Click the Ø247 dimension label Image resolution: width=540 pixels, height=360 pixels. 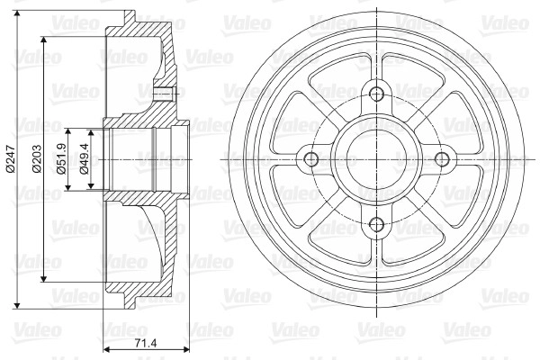click(x=10, y=158)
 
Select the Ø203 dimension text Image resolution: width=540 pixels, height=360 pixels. click(x=37, y=158)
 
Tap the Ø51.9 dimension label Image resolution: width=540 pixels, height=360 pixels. click(x=62, y=158)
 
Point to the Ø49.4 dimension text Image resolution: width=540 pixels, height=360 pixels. click(x=84, y=158)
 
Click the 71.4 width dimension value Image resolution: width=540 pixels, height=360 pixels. click(x=145, y=343)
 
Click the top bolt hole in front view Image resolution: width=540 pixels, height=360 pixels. click(x=376, y=94)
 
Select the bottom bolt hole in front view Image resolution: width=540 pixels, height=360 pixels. click(x=376, y=225)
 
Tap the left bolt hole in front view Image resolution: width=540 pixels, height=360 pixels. click(x=311, y=159)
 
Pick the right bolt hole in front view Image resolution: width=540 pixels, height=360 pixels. click(x=442, y=159)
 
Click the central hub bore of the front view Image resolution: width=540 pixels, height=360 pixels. click(x=376, y=159)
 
